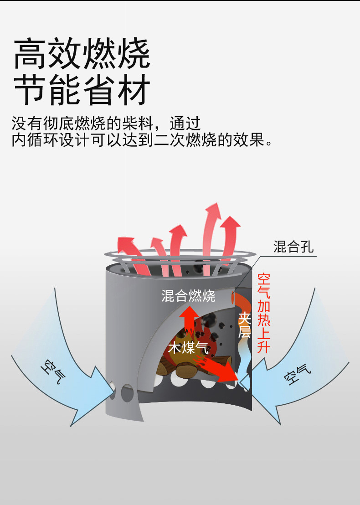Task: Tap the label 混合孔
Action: pyautogui.click(x=293, y=247)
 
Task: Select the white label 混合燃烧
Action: pyautogui.click(x=188, y=296)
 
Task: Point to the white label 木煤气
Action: pyautogui.click(x=189, y=348)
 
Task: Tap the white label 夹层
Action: pyautogui.click(x=244, y=325)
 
